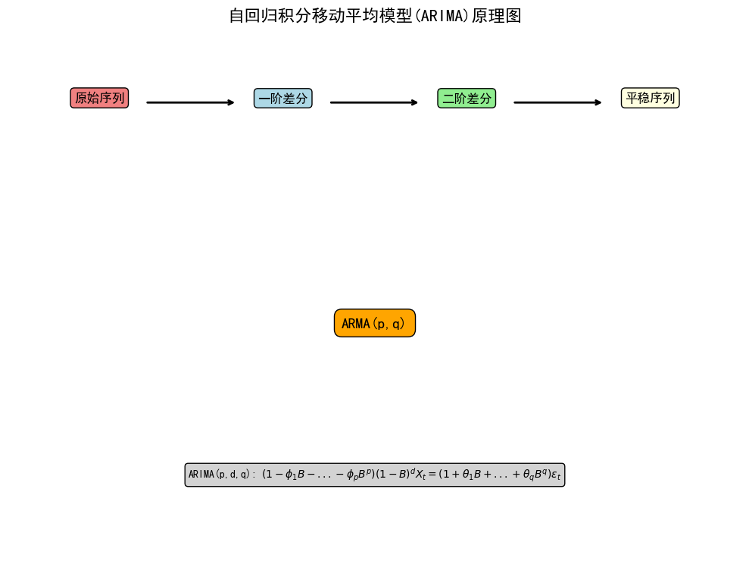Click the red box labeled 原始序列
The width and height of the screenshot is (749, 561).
pos(99,98)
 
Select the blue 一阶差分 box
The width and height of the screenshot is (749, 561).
pos(282,98)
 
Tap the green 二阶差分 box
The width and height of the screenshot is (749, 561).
pos(467,98)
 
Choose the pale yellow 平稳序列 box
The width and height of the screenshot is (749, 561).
pos(650,98)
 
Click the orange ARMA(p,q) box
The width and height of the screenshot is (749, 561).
pos(374,323)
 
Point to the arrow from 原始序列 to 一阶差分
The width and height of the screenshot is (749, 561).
pos(190,102)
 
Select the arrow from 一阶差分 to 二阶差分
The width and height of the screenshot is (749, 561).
pos(374,102)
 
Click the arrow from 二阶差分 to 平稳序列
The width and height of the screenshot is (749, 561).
pos(557,102)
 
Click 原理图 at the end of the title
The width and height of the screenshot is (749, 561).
pos(496,16)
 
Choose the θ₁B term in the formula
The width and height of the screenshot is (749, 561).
pos(468,475)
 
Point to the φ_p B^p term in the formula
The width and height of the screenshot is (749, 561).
pos(357,475)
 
